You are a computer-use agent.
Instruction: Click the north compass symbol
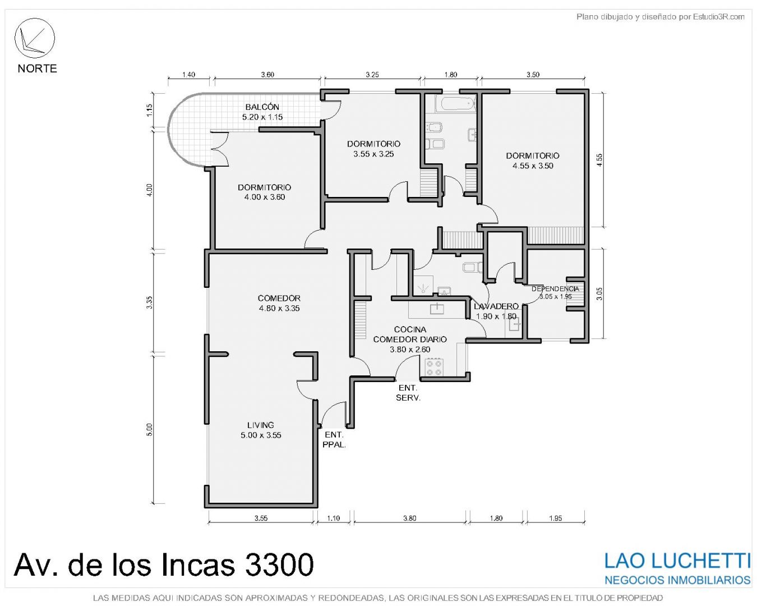point(34,38)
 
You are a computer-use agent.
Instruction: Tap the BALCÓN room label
point(262,107)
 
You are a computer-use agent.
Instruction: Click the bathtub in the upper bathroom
point(456,103)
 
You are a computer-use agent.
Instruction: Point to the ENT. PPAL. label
point(334,440)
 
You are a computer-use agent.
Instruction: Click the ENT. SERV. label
point(408,393)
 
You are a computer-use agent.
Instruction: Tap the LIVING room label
point(260,425)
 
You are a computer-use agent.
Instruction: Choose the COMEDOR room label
point(279,299)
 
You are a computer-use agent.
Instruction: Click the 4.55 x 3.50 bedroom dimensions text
point(533,166)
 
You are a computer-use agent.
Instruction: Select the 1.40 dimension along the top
point(188,75)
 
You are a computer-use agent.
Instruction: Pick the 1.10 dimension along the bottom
point(334,518)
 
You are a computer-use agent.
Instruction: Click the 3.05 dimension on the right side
point(599,293)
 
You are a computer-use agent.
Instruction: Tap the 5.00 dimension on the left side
point(150,429)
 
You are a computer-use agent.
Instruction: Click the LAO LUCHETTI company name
point(677,561)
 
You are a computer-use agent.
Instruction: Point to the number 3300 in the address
point(279,564)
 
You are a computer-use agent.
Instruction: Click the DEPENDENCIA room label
point(555,289)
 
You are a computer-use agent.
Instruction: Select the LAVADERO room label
point(496,306)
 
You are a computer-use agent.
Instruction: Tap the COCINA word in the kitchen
point(410,329)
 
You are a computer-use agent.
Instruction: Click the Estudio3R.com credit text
point(719,16)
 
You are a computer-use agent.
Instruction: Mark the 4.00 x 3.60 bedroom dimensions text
point(265,197)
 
